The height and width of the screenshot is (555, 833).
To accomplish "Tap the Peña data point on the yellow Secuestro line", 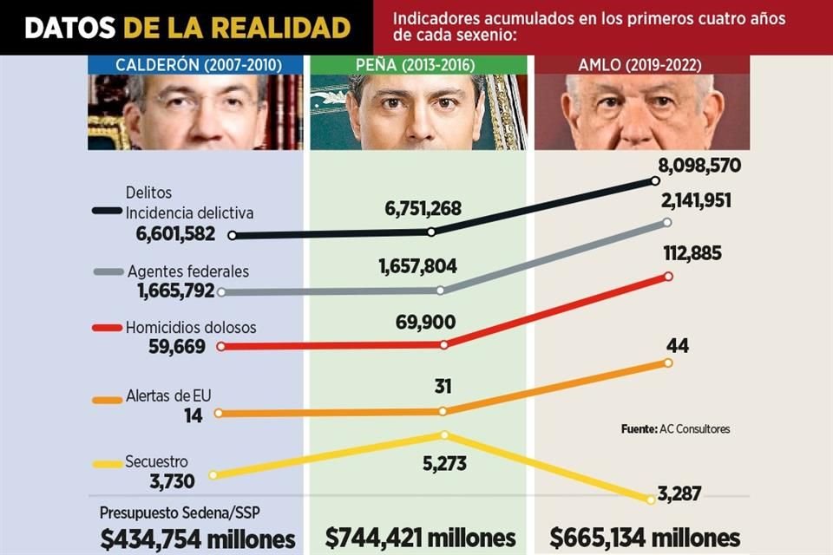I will (443, 434).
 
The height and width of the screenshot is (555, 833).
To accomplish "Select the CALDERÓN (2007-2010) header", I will (195, 65).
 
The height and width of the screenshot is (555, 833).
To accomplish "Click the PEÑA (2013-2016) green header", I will (417, 65).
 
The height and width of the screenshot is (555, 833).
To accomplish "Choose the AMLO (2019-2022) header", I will (640, 65).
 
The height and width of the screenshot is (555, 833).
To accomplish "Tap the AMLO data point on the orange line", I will (667, 362).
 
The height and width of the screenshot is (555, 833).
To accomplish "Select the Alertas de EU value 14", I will (193, 415).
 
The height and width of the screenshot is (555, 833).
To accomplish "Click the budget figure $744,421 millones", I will (420, 537).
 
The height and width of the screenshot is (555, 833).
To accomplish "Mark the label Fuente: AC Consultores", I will (675, 428).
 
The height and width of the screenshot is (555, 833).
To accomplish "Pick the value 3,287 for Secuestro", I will (679, 494).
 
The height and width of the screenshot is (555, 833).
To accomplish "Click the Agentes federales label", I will (187, 271).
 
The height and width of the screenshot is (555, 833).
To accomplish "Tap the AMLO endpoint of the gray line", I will (666, 222).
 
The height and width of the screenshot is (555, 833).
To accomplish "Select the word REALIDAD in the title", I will (283, 27).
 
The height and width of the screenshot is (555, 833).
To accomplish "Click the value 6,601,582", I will (175, 234).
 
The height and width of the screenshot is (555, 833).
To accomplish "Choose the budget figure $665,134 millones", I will (645, 537).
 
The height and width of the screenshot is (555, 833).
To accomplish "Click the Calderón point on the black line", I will (232, 235).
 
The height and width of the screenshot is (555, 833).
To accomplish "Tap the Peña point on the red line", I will (444, 344).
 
